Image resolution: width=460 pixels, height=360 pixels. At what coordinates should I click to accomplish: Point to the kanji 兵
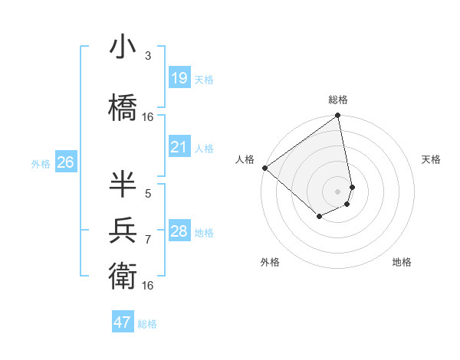[x=123, y=230]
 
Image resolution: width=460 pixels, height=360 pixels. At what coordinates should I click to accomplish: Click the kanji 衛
[x=123, y=273]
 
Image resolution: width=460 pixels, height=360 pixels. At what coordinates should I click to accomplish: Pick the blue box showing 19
[x=179, y=77]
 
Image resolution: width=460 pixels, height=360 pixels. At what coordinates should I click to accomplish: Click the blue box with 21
[x=179, y=147]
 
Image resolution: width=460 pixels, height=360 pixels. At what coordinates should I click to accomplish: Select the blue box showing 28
[x=179, y=231]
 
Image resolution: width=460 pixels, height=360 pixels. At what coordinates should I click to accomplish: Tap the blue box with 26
[x=65, y=162]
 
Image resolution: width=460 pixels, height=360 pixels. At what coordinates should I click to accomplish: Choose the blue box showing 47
[x=123, y=322]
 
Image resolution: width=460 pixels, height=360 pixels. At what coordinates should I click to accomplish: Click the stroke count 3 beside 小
[x=148, y=56]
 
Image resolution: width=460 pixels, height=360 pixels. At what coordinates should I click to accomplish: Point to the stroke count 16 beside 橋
[x=148, y=117]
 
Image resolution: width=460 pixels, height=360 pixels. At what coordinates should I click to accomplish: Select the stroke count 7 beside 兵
[x=148, y=240]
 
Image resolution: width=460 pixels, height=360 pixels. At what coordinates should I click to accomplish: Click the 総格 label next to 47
[x=147, y=324]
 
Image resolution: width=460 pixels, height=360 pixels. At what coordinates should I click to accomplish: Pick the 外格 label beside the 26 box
[x=41, y=163]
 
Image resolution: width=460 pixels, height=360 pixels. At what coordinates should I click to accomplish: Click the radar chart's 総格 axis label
[x=338, y=100]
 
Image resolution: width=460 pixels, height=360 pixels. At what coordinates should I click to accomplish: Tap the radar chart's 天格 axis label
[x=432, y=159]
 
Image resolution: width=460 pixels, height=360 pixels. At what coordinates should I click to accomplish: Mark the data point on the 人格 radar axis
[x=264, y=168]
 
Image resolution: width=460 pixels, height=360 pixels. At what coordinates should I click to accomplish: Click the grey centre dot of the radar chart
[x=338, y=191]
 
